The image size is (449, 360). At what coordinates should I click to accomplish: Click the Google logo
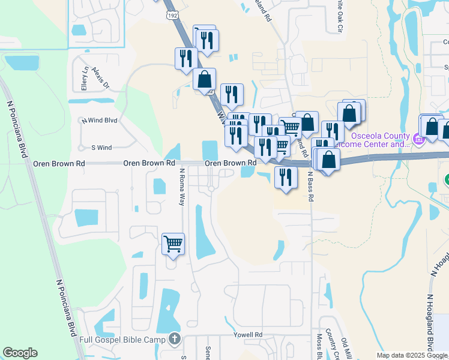click(x=20, y=353)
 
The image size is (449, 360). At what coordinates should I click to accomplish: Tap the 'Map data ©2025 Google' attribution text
click(x=412, y=355)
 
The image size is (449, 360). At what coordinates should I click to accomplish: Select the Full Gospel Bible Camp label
click(x=123, y=340)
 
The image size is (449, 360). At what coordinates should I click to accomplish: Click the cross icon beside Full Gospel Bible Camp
click(x=175, y=340)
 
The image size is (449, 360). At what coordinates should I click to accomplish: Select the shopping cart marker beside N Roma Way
click(x=173, y=244)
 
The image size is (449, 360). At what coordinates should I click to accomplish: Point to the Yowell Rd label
click(x=250, y=334)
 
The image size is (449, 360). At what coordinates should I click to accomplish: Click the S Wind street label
click(x=101, y=147)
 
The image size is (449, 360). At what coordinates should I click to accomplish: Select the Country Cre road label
click(x=334, y=345)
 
